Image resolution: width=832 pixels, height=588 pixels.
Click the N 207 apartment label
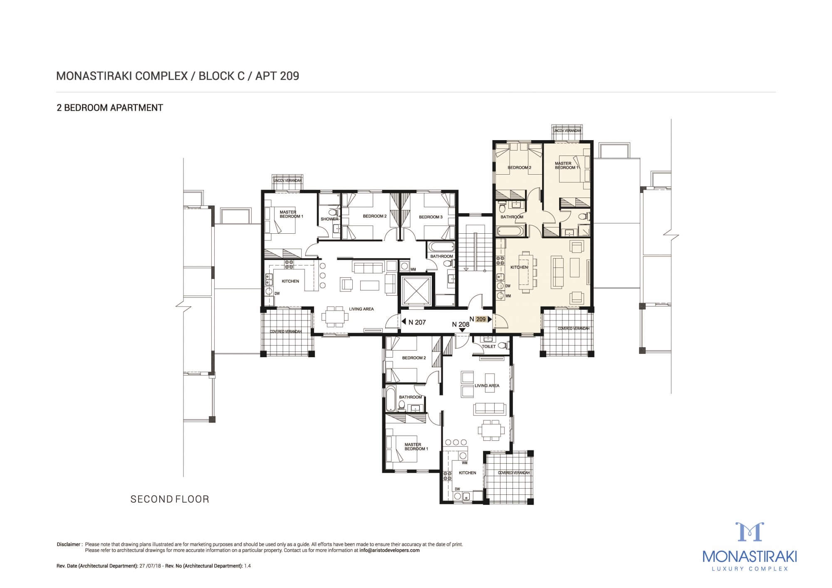[417, 322]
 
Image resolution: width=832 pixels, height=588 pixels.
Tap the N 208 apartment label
[461, 324]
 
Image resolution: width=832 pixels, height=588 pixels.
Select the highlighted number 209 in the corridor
[480, 319]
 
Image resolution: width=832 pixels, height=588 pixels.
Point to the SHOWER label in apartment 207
[329, 219]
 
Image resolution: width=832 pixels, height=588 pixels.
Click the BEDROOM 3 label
[431, 217]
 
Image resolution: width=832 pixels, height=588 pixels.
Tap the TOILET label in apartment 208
[489, 346]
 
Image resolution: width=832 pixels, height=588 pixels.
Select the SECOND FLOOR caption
[170, 499]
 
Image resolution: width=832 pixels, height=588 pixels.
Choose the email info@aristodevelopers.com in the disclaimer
[389, 550]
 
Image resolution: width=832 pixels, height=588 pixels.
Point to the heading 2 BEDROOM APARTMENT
[110, 108]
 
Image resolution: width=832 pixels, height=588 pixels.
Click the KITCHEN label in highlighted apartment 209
[519, 267]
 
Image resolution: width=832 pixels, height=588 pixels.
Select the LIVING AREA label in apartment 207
[361, 309]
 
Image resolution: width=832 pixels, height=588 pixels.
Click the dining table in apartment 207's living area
[335, 316]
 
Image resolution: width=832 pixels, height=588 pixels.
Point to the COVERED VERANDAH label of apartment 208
[514, 473]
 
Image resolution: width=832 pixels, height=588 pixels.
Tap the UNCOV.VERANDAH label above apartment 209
[567, 131]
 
